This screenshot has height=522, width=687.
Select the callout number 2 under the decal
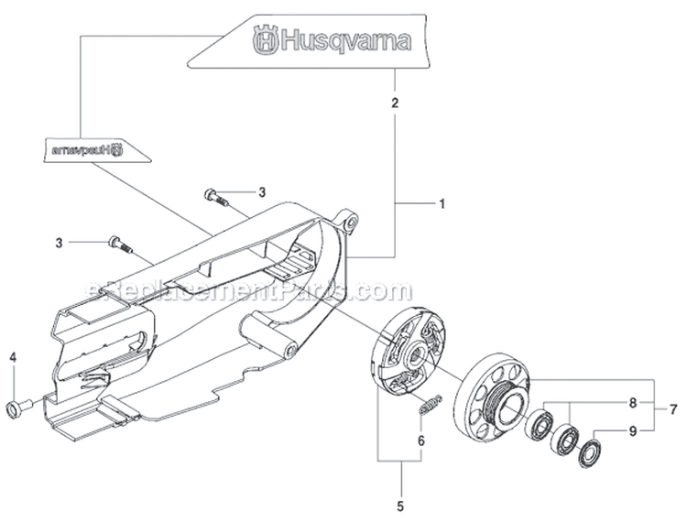click(x=395, y=103)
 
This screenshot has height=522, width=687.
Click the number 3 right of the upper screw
click(x=261, y=192)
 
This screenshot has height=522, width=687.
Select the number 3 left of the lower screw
click(x=60, y=243)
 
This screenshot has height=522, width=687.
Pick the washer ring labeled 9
click(x=585, y=450)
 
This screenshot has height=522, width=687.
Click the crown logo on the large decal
click(x=264, y=41)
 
